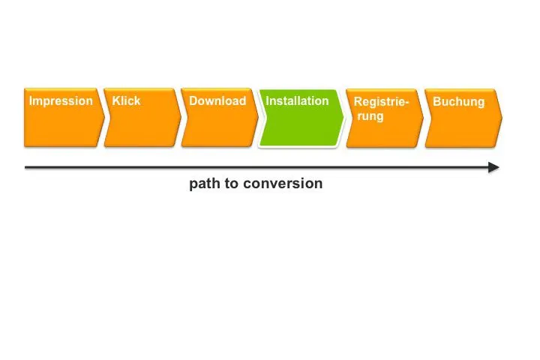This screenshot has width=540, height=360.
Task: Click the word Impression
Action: click(x=61, y=101)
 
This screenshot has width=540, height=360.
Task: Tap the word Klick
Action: click(x=126, y=100)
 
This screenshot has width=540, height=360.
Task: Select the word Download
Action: click(x=217, y=100)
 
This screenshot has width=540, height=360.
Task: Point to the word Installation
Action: click(x=297, y=100)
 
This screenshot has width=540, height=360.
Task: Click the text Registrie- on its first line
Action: click(x=381, y=102)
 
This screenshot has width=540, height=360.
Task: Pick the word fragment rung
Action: click(x=370, y=116)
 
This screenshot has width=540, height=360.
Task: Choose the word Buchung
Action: click(x=459, y=102)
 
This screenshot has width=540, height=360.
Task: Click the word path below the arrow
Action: click(x=205, y=184)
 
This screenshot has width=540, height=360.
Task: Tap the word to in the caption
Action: click(x=232, y=184)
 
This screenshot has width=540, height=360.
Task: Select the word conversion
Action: click(x=283, y=184)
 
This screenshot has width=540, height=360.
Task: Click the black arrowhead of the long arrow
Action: click(x=493, y=167)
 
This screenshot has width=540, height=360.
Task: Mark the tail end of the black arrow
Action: click(x=25, y=167)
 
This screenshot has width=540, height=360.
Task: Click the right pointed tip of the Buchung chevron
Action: click(x=502, y=118)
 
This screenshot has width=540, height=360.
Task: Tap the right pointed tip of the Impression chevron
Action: click(x=104, y=118)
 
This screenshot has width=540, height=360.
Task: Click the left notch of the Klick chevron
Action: click(x=110, y=118)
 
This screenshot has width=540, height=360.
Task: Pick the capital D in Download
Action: click(x=193, y=100)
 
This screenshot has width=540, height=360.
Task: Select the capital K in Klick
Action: click(x=116, y=100)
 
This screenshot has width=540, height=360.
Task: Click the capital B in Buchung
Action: click(x=436, y=102)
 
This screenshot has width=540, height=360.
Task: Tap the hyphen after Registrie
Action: click(x=406, y=103)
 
